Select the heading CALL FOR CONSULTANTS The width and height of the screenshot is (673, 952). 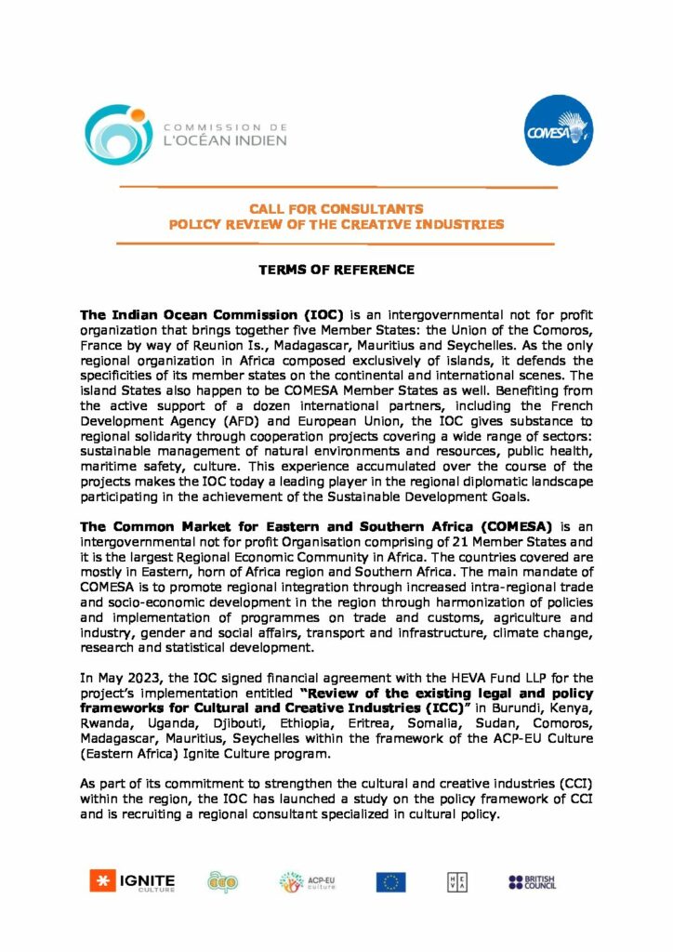point(336,209)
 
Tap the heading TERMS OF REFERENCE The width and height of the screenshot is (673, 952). point(336,270)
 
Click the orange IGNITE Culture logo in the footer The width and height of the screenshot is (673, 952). point(132,880)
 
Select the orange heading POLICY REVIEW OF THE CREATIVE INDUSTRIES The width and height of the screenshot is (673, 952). point(336,224)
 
